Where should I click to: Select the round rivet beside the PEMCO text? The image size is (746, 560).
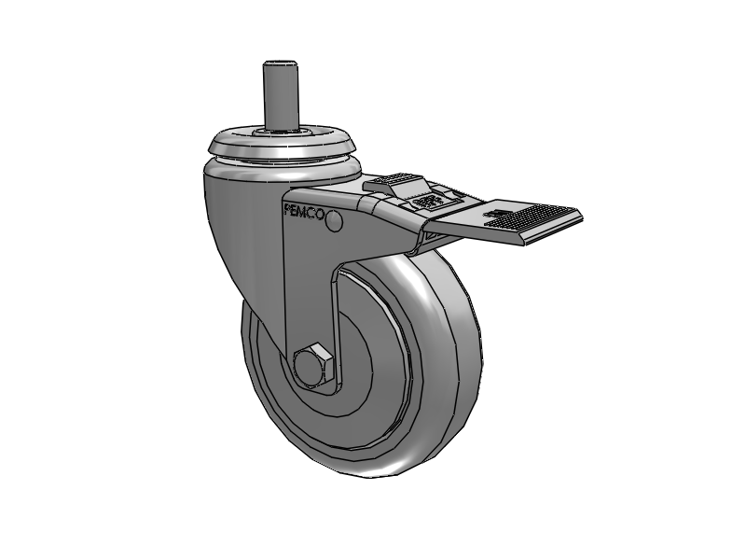335,221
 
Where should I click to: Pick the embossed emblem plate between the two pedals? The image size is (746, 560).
426,202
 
